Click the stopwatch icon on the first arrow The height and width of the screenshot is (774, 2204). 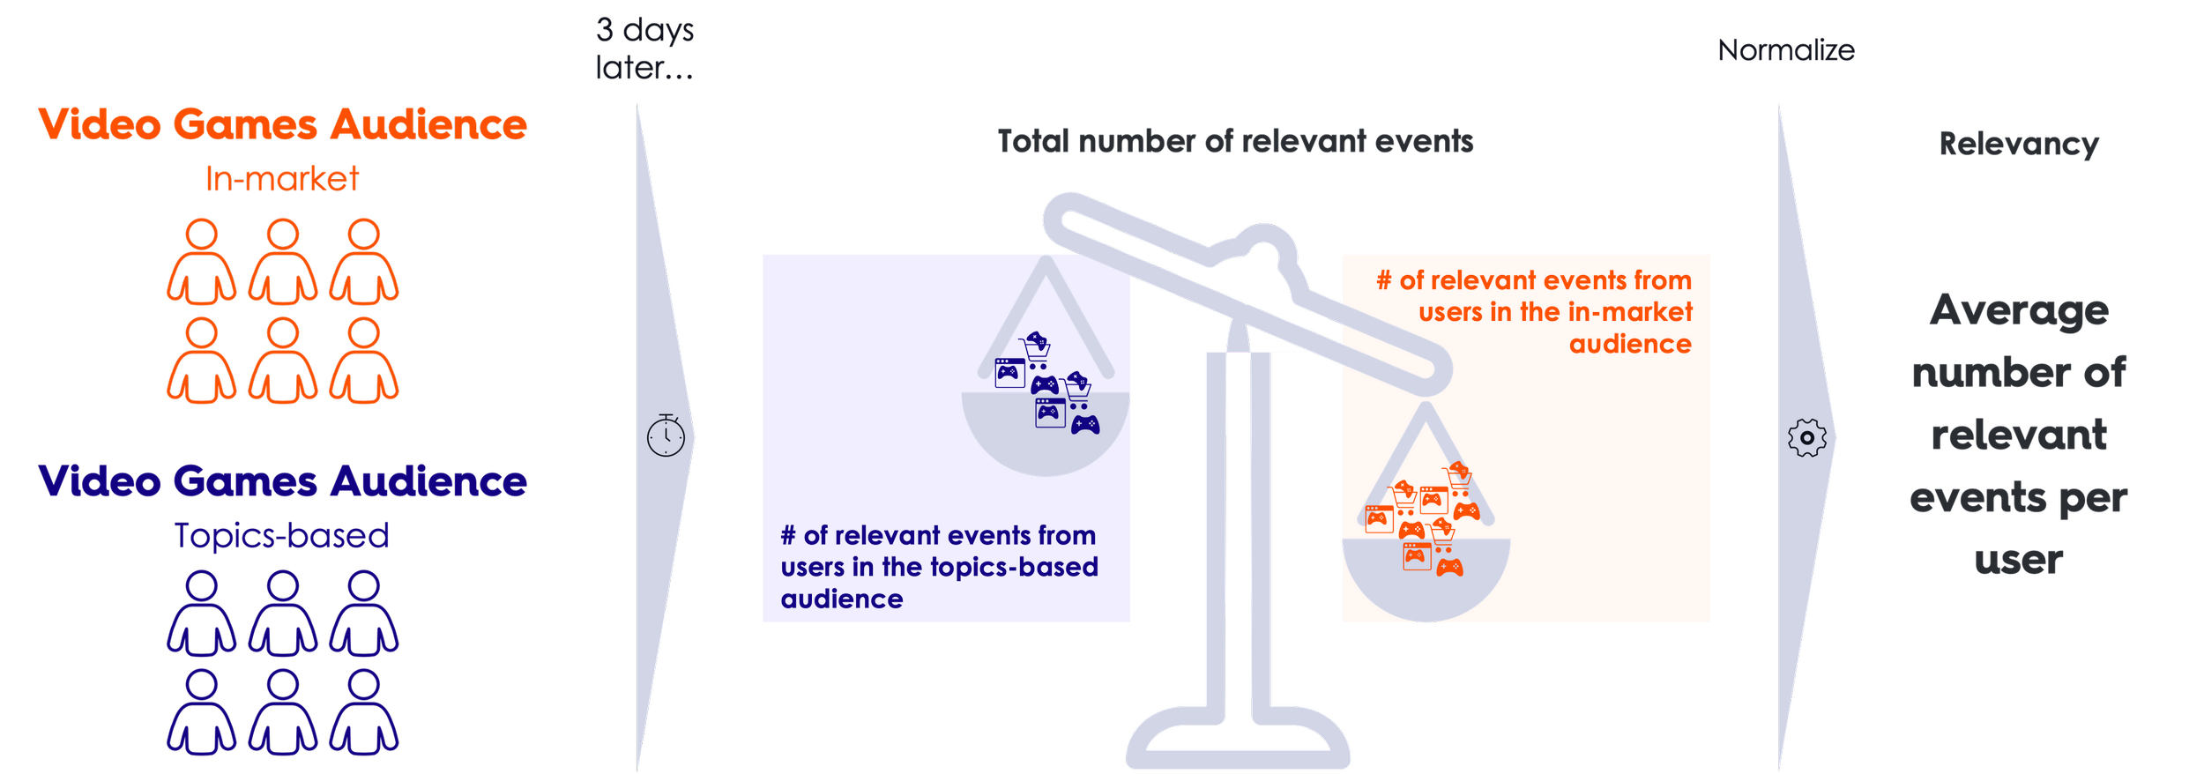(666, 435)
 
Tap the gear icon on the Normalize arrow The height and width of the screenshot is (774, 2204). (1806, 437)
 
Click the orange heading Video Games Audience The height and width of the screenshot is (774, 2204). (282, 123)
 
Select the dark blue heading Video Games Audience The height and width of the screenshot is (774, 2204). (282, 481)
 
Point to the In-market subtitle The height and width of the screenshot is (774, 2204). (282, 179)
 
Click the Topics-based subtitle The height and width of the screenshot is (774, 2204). (282, 535)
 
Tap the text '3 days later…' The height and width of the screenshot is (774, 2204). (644, 48)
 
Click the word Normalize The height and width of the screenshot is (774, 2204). (1786, 50)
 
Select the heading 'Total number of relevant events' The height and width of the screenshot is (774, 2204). (1235, 141)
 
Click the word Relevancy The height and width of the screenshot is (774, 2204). (2019, 144)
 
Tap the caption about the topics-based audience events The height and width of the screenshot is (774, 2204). (939, 567)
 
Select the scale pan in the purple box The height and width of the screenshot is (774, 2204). (1046, 432)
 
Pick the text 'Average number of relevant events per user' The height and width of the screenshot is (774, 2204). (2019, 435)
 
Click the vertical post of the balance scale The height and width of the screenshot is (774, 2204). (1237, 529)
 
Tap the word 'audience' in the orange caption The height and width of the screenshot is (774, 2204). (1630, 344)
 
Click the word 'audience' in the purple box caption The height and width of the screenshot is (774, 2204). (842, 599)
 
